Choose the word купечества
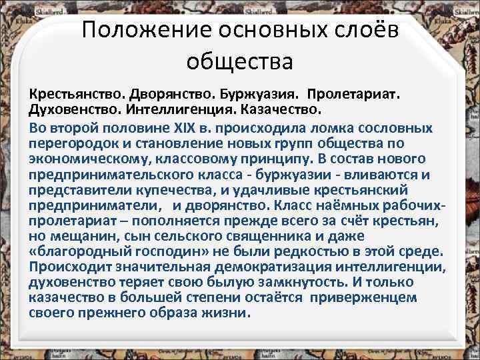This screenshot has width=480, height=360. tap(169, 190)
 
